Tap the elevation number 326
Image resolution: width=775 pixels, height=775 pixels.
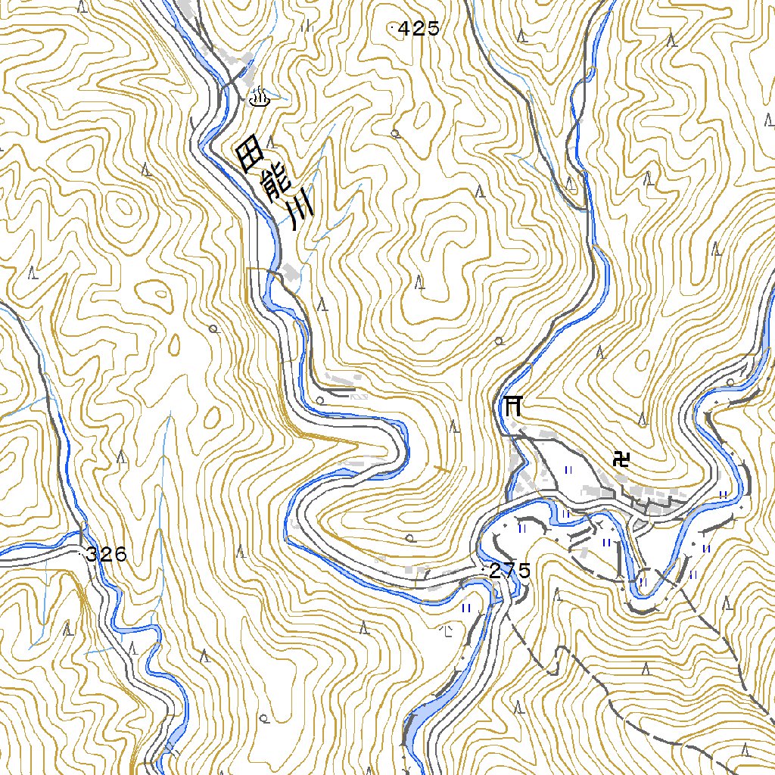click(106, 555)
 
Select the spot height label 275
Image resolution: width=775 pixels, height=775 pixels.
click(510, 571)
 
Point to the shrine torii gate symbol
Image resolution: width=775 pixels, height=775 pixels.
click(512, 406)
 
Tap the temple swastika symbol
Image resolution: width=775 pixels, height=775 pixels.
click(622, 459)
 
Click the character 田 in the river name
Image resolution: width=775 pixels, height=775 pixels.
click(250, 157)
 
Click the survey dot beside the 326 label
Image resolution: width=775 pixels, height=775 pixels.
click(82, 554)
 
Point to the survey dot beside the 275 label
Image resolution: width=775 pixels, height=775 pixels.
click(483, 567)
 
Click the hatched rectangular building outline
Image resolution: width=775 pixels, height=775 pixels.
click(359, 395)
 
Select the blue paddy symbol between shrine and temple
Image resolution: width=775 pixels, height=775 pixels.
click(568, 470)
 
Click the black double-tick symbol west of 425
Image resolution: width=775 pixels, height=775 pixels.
click(307, 25)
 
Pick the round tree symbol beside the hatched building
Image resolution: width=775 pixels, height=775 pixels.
click(320, 399)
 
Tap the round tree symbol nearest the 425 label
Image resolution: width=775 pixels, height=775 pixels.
click(395, 134)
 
